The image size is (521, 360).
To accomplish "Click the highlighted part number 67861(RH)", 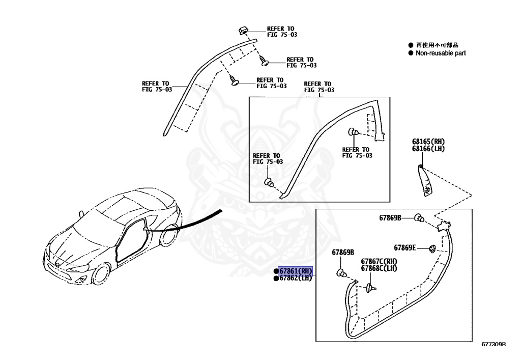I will [x=295, y=271].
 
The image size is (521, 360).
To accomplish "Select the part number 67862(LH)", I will [x=295, y=278].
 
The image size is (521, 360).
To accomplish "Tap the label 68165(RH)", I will [x=428, y=142].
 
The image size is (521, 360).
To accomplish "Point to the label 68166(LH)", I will [x=428, y=148].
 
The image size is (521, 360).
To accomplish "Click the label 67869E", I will [x=405, y=248].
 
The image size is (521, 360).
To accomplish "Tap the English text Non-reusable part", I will [x=441, y=53].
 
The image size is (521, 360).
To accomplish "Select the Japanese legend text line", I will [x=437, y=45].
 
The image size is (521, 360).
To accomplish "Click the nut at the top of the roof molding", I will [x=244, y=30].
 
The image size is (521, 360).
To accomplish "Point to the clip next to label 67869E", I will [x=431, y=248].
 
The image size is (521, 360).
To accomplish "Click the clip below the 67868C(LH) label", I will [x=370, y=288].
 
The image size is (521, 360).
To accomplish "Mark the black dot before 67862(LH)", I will [x=276, y=279].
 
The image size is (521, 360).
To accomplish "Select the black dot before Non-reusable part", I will [x=411, y=53].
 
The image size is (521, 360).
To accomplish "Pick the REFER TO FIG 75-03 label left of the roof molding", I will [x=157, y=86].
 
